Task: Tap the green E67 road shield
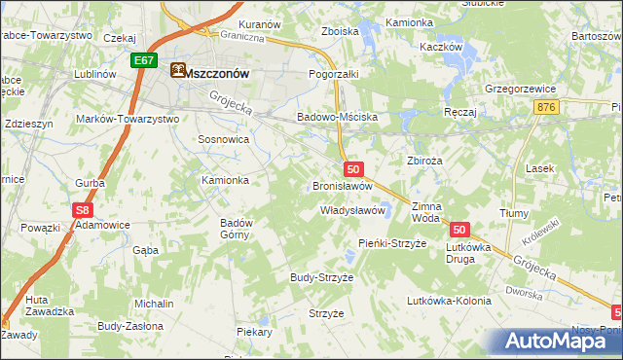144,60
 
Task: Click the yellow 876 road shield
546,107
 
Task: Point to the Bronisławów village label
343,185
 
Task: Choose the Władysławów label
354,210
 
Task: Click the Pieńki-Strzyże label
392,242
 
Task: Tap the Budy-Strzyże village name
321,277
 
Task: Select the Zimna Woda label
426,212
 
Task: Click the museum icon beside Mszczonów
176,70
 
